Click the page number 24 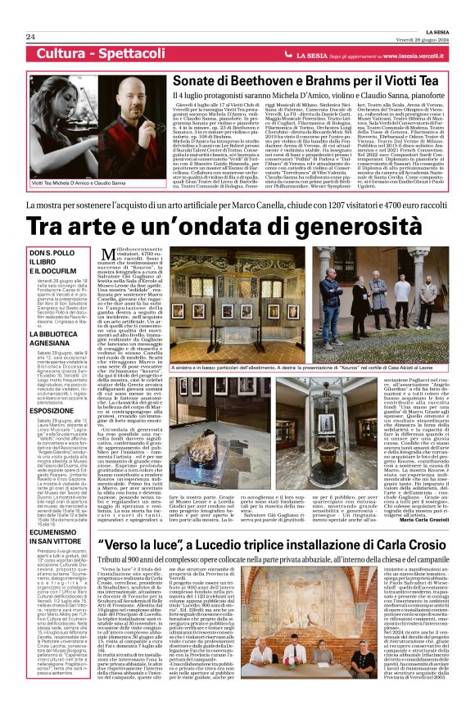click(30, 37)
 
